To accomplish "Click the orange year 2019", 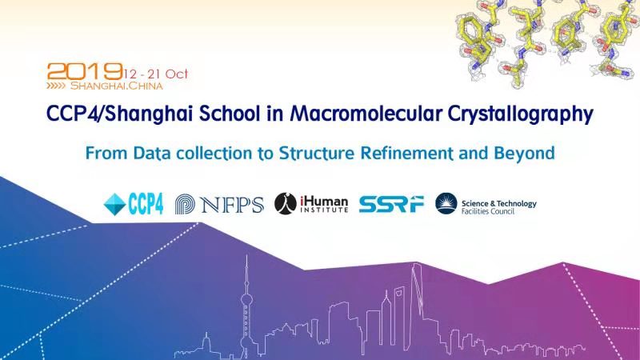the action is [x=85, y=71].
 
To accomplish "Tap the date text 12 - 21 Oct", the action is [x=156, y=74].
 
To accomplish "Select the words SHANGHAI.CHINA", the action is [x=117, y=86].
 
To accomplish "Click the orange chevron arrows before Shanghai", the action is [x=56, y=86].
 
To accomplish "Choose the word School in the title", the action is [x=230, y=113].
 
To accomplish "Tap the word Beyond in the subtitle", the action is [x=524, y=154].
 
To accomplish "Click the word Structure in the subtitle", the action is [x=316, y=153].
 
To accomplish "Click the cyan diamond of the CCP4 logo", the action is [x=114, y=204].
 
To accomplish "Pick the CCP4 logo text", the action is [x=146, y=204].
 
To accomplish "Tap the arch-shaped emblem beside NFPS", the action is [x=185, y=204].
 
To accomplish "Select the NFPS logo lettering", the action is [x=232, y=205].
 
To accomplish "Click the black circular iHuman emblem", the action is [x=286, y=204].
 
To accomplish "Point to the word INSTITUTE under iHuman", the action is [x=324, y=210].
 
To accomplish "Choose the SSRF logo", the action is [x=391, y=204].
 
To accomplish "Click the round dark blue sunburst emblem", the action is [x=446, y=203].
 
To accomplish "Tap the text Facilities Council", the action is [x=488, y=211].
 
